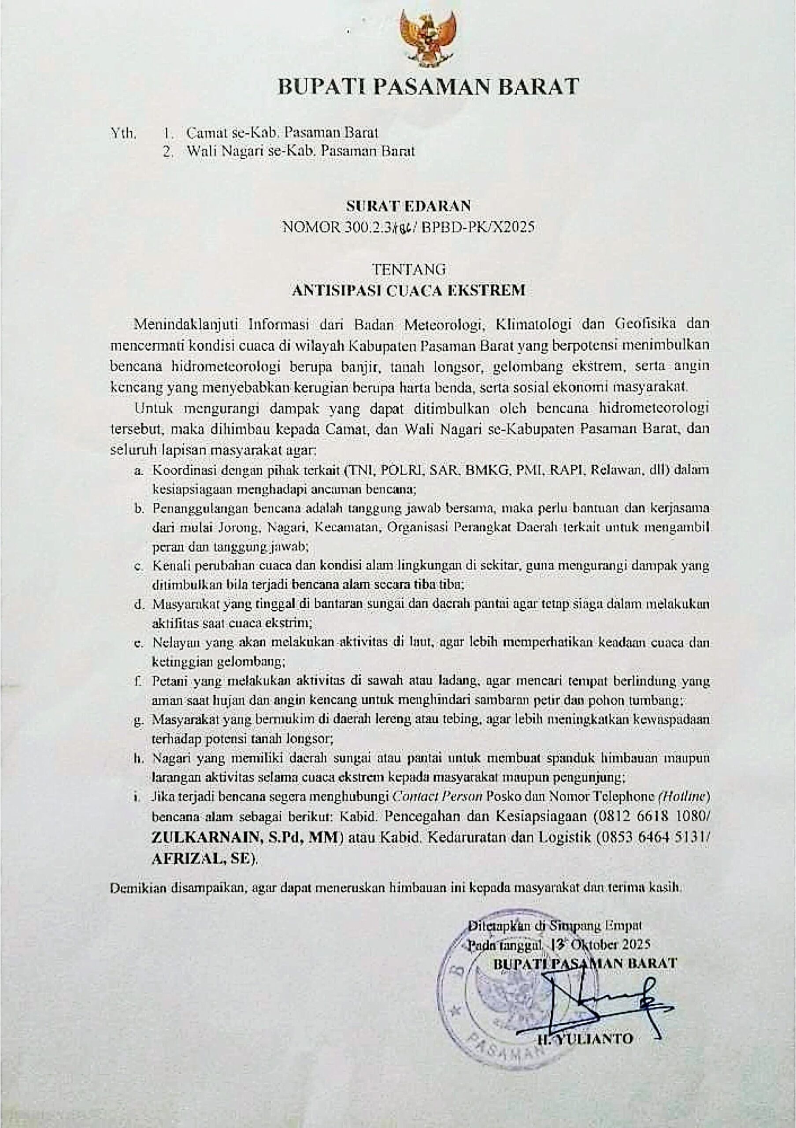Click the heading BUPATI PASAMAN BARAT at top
(x=428, y=86)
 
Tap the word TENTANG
(x=408, y=269)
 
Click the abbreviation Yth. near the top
(x=123, y=133)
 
